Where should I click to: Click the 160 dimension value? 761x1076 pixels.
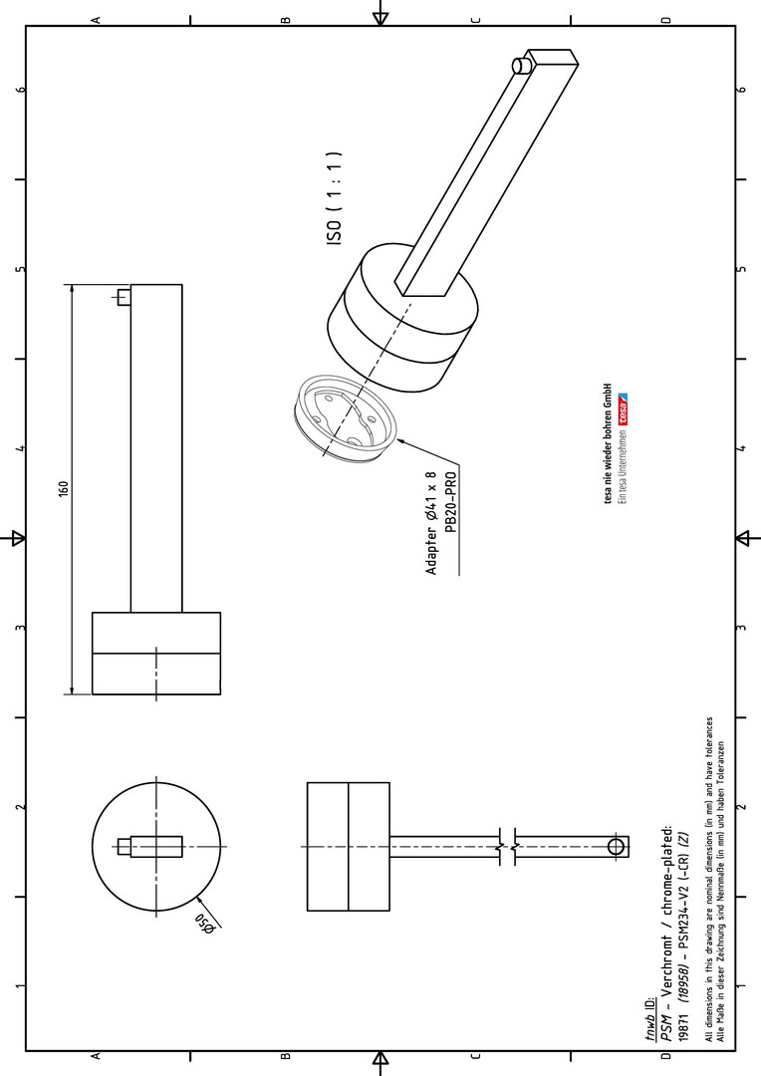[63, 488]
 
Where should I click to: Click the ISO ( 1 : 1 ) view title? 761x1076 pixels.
[334, 199]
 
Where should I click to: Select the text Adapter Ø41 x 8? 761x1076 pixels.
[431, 523]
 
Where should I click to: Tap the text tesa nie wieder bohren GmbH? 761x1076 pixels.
[609, 443]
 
